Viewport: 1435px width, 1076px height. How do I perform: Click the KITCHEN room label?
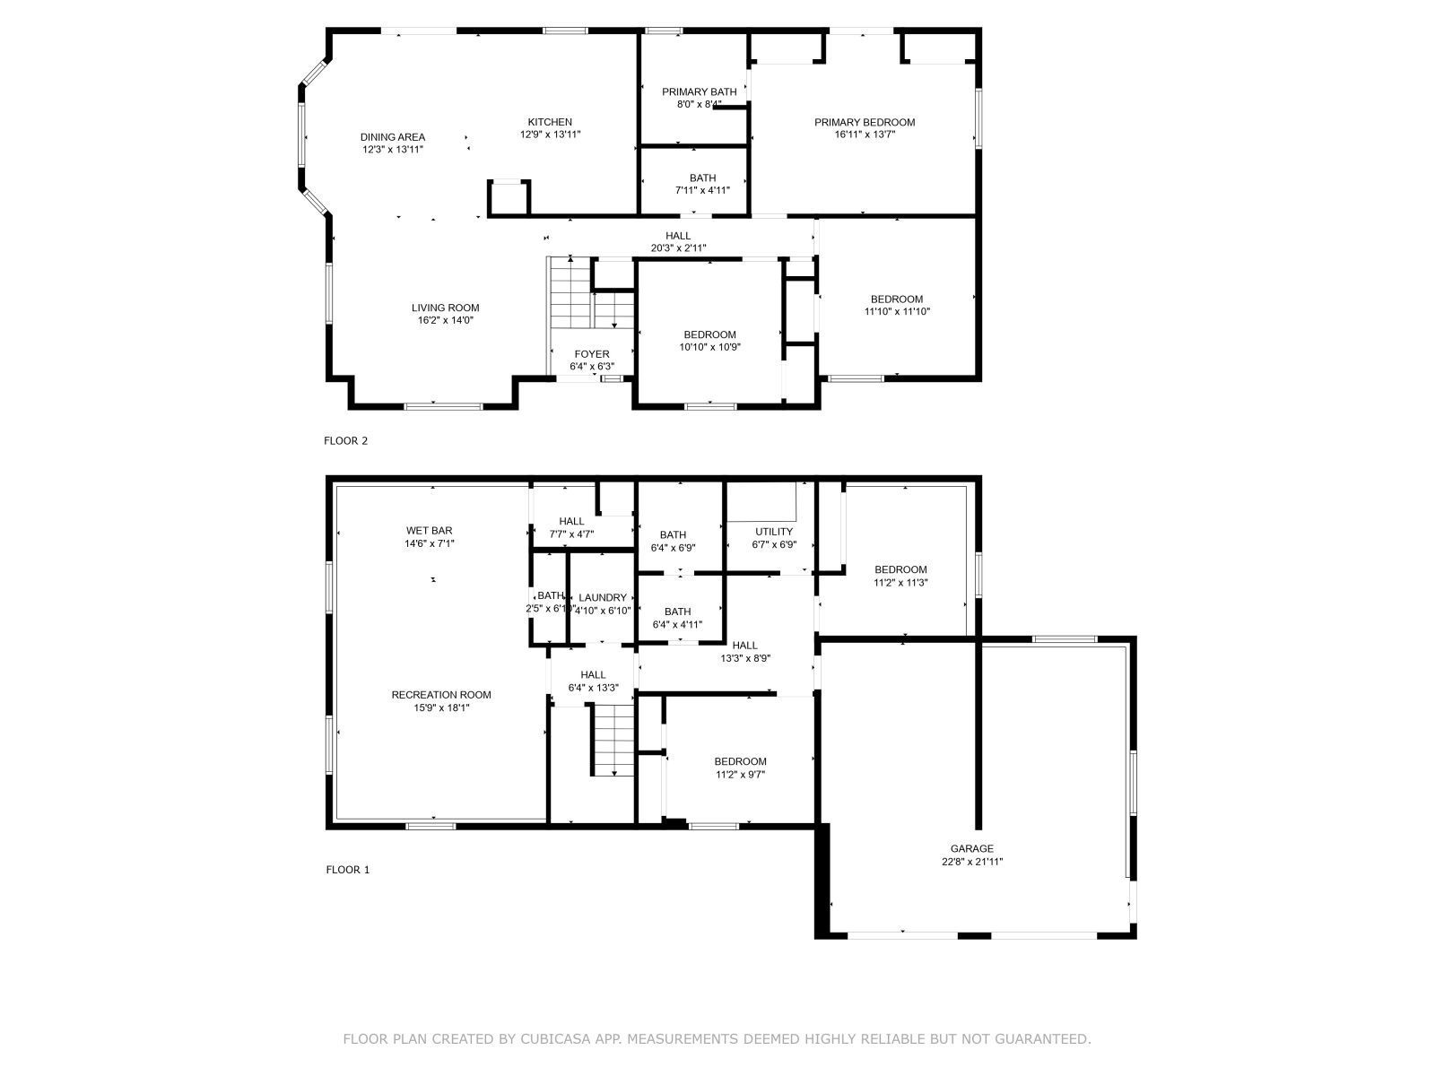coord(549,122)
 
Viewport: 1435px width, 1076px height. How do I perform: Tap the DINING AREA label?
coord(392,137)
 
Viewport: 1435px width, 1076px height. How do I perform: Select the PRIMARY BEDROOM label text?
coord(864,122)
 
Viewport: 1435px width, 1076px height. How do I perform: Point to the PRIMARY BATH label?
coord(699,91)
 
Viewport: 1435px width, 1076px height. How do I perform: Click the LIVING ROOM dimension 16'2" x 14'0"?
coord(445,320)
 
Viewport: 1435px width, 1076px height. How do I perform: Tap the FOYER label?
coord(591,354)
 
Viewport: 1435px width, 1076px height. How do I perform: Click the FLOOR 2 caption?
coord(345,440)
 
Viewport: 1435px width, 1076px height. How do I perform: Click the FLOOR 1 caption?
coord(347,869)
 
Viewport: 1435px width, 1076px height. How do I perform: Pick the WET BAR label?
coord(429,531)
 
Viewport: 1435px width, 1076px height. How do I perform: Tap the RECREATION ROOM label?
coord(440,695)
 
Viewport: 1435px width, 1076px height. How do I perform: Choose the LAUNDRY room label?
coord(602,598)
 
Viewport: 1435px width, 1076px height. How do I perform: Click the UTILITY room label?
coord(773,532)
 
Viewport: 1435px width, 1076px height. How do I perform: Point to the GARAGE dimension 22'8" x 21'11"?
coord(971,862)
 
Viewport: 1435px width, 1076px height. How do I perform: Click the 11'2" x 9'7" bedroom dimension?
coord(740,775)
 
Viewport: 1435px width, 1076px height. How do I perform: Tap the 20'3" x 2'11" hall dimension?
coord(678,248)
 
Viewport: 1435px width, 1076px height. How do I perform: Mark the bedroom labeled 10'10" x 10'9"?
coord(709,335)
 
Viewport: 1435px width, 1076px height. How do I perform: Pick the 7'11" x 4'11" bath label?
coord(702,178)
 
